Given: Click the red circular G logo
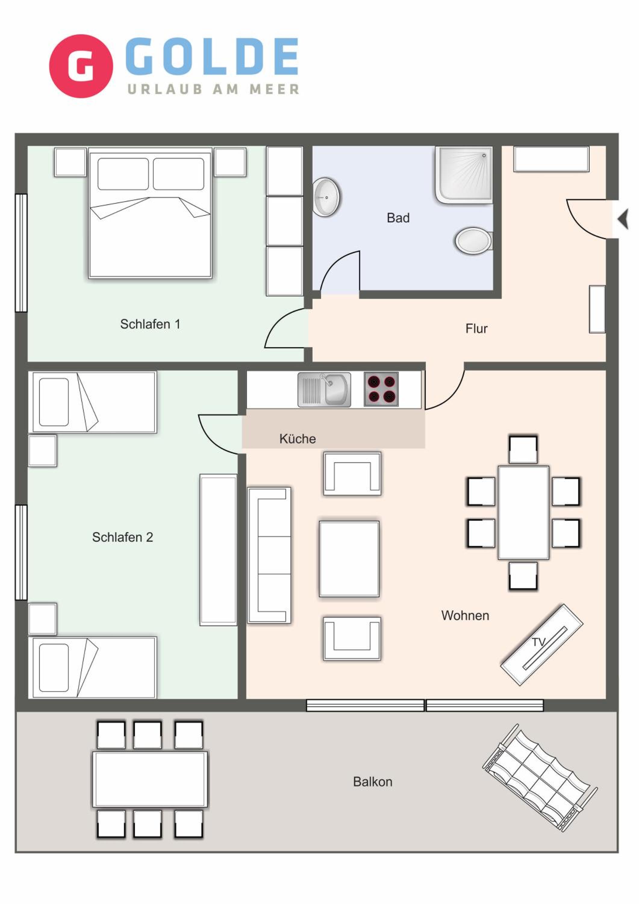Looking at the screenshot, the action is click(81, 66).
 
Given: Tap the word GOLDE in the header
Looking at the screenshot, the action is click(212, 56).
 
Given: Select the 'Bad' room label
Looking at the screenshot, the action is click(398, 218).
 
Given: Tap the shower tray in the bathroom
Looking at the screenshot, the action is click(463, 175).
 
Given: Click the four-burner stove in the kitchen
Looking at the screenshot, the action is click(381, 389).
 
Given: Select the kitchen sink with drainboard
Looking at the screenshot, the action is click(324, 390).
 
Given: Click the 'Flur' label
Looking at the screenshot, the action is click(476, 328).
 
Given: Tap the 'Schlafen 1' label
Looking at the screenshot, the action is click(150, 324).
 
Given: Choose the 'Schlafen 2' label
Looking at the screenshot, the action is click(122, 537).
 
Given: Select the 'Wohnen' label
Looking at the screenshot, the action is click(465, 615).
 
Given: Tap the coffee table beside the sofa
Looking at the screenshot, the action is click(349, 559).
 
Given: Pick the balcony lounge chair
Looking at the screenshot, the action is click(540, 778).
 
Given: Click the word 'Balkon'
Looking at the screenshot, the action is click(372, 782).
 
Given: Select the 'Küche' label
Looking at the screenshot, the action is click(298, 439).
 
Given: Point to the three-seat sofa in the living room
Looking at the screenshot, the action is click(269, 555).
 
